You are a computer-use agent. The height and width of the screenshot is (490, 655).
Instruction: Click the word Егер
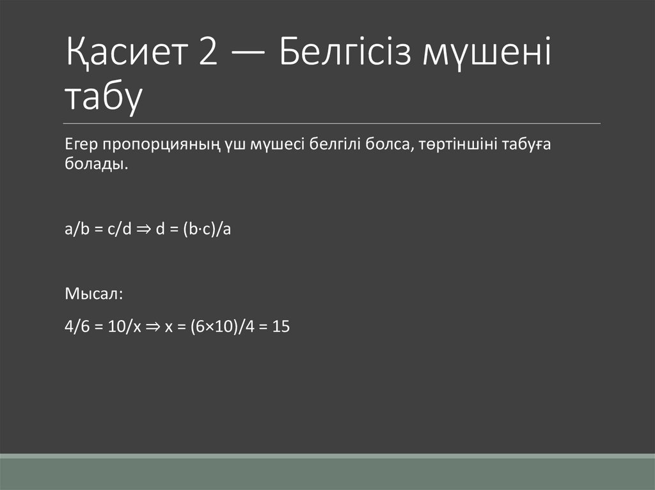[80, 145]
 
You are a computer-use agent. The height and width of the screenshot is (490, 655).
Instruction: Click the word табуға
[527, 145]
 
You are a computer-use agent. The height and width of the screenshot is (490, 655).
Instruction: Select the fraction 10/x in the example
[119, 327]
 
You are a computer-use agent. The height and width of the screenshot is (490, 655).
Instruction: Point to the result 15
[281, 327]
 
